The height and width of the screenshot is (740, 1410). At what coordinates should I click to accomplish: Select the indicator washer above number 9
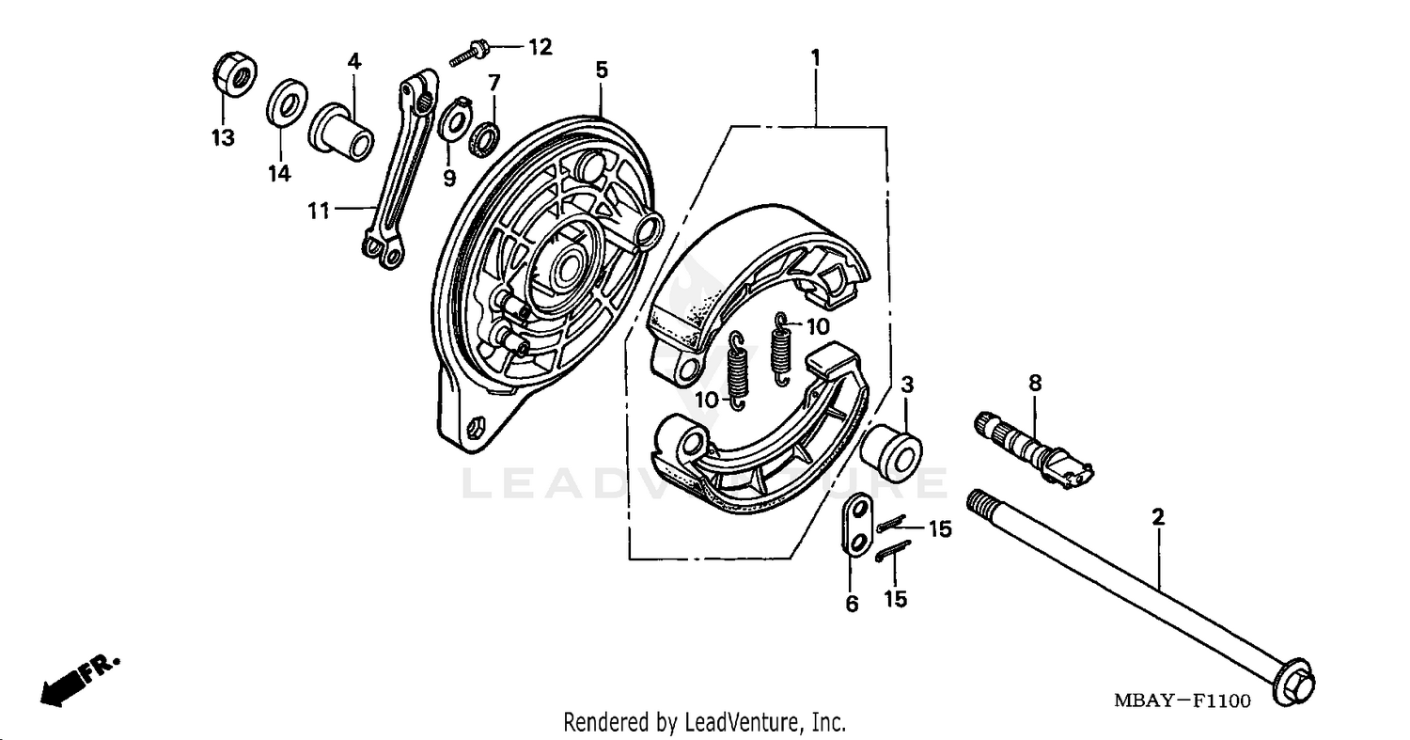[456, 121]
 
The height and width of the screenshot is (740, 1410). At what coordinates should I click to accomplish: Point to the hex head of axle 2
[1294, 688]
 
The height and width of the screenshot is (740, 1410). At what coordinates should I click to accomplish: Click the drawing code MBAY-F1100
[1182, 701]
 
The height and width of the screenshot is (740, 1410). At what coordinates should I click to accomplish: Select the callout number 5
[602, 70]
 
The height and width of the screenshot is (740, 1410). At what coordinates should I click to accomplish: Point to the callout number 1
[816, 57]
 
